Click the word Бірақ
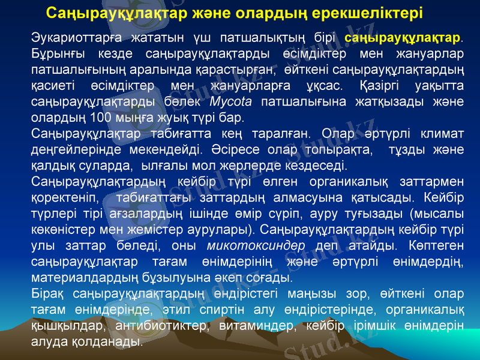point(48,293)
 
